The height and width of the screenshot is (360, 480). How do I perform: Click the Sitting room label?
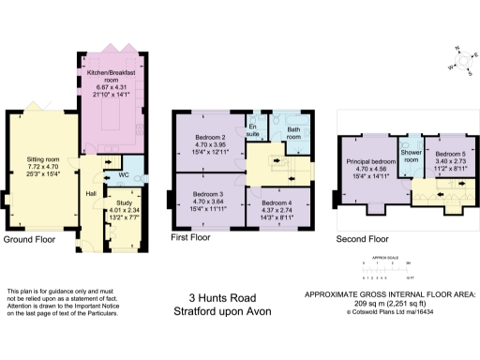pos(42,159)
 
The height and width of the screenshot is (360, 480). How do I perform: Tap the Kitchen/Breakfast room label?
pos(112,72)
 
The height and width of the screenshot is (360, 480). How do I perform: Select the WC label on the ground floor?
pos(124,174)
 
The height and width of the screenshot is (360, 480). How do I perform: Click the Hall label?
pos(92,193)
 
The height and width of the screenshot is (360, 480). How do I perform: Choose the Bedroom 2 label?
pos(209,137)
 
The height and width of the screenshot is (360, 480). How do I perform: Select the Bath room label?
pos(292,134)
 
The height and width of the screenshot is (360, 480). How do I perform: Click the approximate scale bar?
pos(378,272)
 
